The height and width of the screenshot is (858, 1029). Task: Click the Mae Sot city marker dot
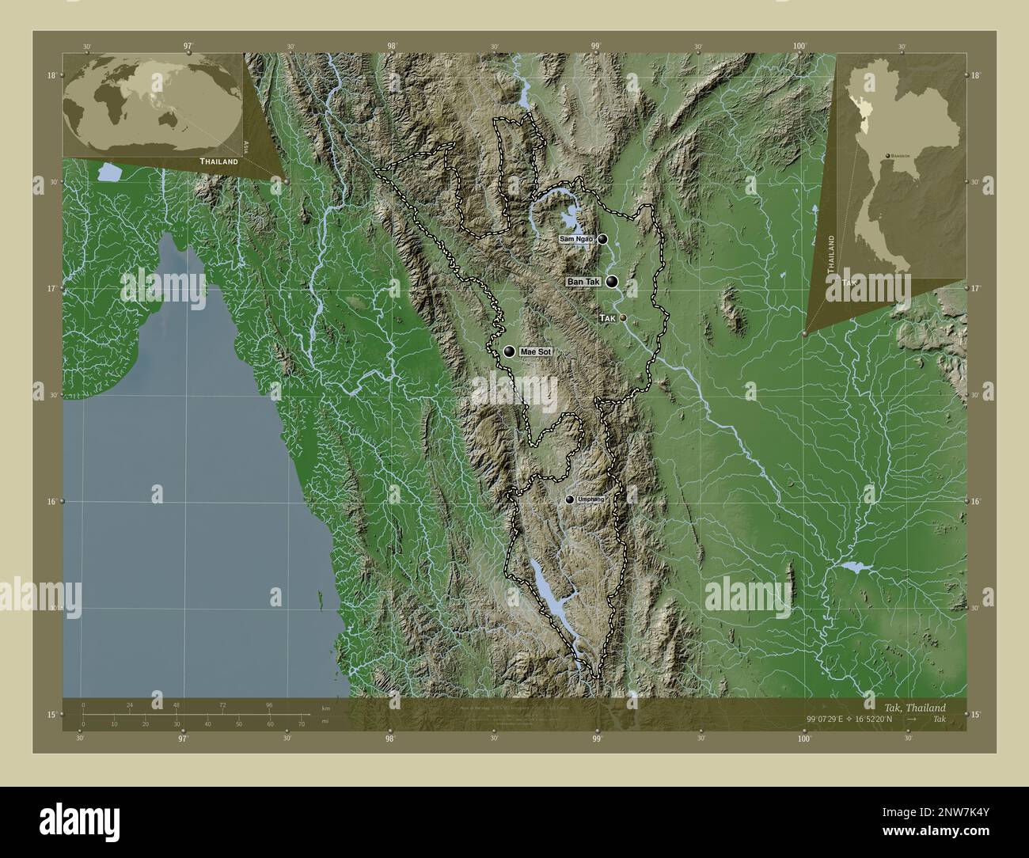(x=509, y=351)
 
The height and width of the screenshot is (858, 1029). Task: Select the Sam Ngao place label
(x=575, y=238)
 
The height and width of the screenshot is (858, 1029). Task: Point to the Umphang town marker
(x=570, y=499)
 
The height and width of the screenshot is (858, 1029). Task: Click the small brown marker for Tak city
(x=624, y=317)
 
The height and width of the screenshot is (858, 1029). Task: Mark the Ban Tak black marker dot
(x=612, y=281)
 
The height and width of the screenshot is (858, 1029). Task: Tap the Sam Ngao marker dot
(x=603, y=238)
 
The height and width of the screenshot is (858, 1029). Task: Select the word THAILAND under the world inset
(x=218, y=161)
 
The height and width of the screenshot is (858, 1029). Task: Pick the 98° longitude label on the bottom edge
(x=390, y=738)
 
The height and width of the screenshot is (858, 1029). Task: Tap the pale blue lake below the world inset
(x=108, y=171)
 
